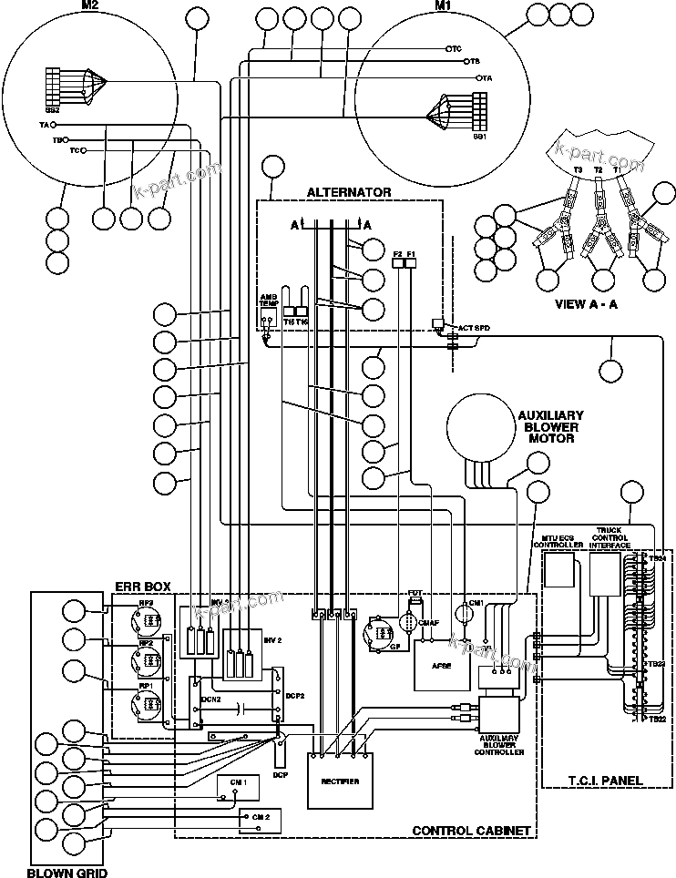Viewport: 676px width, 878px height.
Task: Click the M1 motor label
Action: click(x=442, y=7)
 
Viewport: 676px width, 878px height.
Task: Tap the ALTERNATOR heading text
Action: click(x=349, y=192)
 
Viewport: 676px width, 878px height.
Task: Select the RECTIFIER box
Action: click(x=340, y=781)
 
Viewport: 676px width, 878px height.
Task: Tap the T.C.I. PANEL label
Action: click(x=606, y=781)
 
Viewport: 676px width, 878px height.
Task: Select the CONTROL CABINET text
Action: click(x=471, y=831)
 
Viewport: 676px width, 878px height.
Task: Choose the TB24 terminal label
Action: click(x=656, y=557)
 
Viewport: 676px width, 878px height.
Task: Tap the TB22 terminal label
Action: click(x=656, y=720)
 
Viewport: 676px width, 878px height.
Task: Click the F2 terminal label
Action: click(x=397, y=253)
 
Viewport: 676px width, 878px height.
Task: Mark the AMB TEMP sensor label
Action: click(x=268, y=301)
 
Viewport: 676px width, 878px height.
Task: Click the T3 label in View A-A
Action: click(x=577, y=169)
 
